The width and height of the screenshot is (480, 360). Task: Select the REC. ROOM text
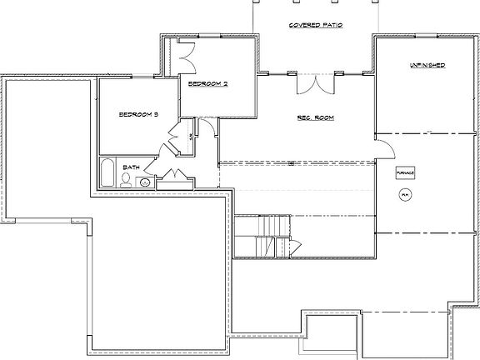coord(315,118)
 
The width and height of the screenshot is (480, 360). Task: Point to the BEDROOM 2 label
coord(207,84)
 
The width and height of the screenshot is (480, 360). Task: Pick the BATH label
coord(131,167)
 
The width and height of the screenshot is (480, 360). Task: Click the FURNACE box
coord(405,172)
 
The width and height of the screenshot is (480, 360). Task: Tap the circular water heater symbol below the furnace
coord(405,195)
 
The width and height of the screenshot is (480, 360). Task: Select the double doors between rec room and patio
coord(315,83)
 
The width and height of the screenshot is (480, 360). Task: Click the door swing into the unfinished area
coord(384,148)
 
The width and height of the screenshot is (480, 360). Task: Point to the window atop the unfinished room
coord(424,35)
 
